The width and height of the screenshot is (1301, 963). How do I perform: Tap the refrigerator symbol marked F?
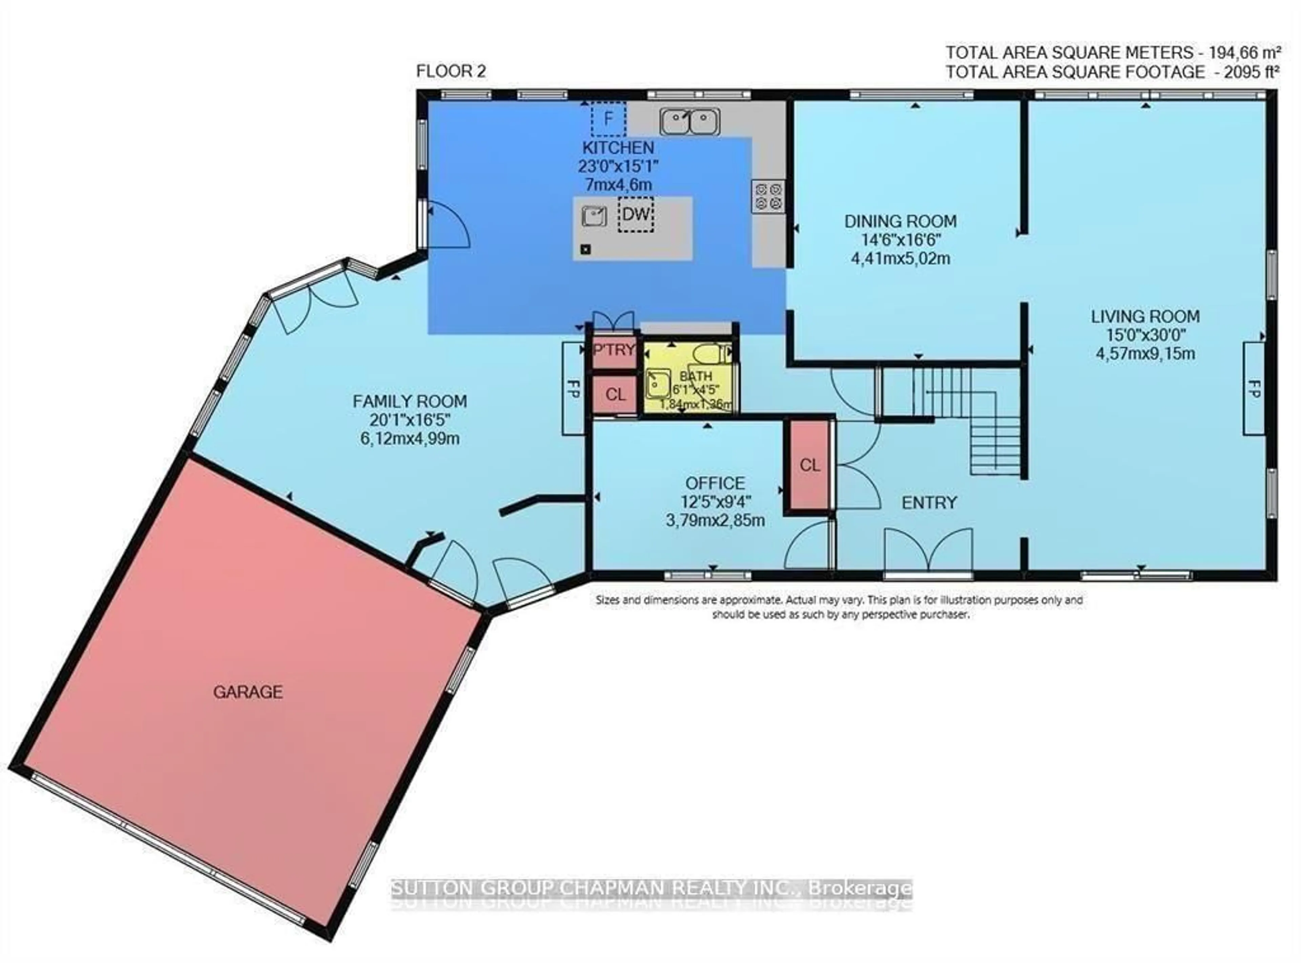608,119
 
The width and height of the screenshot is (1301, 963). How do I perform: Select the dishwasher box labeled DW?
635,214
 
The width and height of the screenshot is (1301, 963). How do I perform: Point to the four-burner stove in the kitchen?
768,196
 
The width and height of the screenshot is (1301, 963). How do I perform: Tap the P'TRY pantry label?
614,350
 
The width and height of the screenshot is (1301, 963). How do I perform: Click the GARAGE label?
248,692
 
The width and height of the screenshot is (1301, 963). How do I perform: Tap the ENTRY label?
929,502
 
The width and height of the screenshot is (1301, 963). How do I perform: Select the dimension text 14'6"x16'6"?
901,239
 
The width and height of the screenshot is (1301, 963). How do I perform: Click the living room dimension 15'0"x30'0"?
1145,335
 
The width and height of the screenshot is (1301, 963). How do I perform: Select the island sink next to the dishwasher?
594,216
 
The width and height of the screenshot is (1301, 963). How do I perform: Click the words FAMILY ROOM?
410,401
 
